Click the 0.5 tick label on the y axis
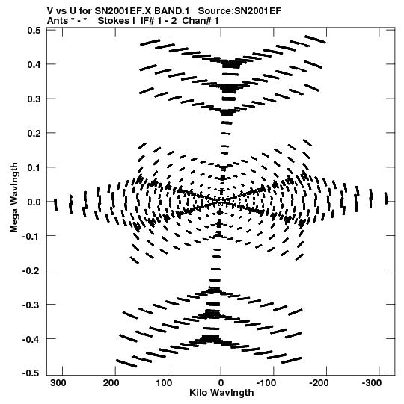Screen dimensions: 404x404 click(34, 31)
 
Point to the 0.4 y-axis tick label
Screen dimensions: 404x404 click(34, 64)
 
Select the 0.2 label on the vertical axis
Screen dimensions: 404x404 click(34, 133)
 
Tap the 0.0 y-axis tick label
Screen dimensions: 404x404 click(34, 202)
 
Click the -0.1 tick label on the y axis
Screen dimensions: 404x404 click(31, 236)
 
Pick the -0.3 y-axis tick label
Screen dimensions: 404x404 click(31, 305)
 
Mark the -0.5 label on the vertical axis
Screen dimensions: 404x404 click(31, 373)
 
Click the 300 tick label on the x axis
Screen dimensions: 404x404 click(58, 383)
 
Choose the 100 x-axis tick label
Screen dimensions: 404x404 click(164, 383)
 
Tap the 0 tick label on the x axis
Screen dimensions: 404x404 click(221, 383)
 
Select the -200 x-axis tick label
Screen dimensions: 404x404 click(319, 383)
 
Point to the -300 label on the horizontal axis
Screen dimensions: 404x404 click(372, 383)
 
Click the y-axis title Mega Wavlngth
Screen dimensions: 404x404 click(14, 198)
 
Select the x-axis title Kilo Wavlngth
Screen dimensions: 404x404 click(221, 393)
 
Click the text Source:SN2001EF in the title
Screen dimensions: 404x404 click(239, 11)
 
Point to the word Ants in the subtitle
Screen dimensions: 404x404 click(58, 21)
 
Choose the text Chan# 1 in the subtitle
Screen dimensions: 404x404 click(201, 21)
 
